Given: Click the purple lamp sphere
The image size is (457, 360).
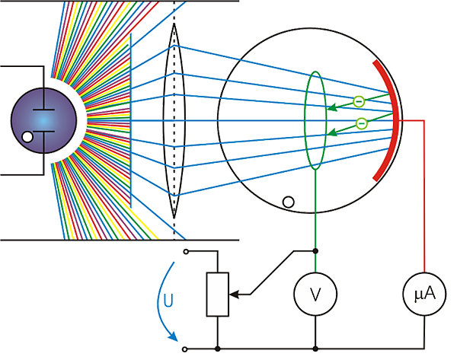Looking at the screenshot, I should click(x=43, y=120).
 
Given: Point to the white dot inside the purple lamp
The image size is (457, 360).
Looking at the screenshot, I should click(x=28, y=138).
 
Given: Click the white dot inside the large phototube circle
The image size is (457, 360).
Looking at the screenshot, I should click(x=288, y=202).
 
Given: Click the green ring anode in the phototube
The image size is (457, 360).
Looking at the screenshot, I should click(x=315, y=118).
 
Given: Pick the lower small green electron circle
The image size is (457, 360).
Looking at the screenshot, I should click(x=363, y=123).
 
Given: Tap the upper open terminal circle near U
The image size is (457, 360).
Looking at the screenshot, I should click(x=184, y=250).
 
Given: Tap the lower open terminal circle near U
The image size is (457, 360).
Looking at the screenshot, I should click(x=184, y=349).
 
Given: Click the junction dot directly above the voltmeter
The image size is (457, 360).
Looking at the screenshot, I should click(x=315, y=250).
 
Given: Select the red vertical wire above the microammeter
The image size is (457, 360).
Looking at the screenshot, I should click(x=423, y=198).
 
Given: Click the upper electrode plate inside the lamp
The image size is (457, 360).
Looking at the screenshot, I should click(x=43, y=103).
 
